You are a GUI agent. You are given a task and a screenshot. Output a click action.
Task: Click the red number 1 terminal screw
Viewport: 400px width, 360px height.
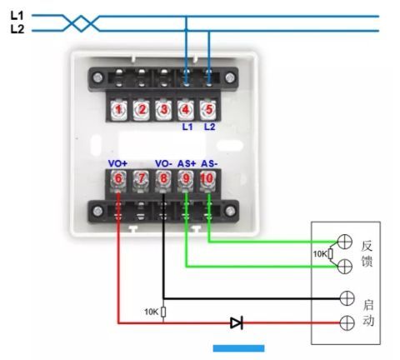coord(118,110)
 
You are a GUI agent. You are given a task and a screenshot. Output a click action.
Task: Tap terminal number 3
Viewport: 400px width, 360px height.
coord(163,110)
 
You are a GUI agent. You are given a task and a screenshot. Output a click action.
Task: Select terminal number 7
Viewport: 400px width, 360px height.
coord(141,178)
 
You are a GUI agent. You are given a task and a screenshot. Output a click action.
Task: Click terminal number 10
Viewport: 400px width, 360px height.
coord(207,178)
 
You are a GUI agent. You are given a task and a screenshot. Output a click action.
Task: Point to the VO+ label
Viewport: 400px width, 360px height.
coord(117,163)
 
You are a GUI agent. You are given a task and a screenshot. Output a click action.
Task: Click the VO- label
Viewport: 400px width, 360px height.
coord(163,163)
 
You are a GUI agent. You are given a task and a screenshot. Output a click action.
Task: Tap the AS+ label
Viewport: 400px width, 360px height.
coord(187,163)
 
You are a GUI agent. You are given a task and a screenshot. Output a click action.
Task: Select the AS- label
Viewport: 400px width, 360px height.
coord(209,163)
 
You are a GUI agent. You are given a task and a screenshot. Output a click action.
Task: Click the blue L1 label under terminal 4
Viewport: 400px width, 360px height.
coord(187,127)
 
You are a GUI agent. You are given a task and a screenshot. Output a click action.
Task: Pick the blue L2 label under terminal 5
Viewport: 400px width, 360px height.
coord(210,127)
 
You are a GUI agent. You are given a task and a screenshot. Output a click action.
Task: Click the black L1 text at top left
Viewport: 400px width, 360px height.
coord(17,16)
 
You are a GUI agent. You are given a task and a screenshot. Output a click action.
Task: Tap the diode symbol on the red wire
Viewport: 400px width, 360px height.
coord(237,322)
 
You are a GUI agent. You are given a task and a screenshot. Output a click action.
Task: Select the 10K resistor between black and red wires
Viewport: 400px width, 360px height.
coord(163,312)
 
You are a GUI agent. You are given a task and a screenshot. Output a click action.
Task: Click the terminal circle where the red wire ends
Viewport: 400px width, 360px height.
coord(347,322)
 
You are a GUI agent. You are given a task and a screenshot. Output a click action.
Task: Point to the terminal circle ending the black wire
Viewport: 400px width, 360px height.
coord(347,298)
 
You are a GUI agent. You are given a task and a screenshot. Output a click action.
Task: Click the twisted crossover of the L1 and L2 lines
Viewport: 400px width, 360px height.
coord(81,23)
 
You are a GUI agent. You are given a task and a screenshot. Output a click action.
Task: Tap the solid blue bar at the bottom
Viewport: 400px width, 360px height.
coord(238,348)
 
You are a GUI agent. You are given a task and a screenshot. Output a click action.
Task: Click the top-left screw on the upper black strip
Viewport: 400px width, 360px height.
coord(97,77)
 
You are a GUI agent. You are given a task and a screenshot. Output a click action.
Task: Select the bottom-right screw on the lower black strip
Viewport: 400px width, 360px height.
coord(230,211)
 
